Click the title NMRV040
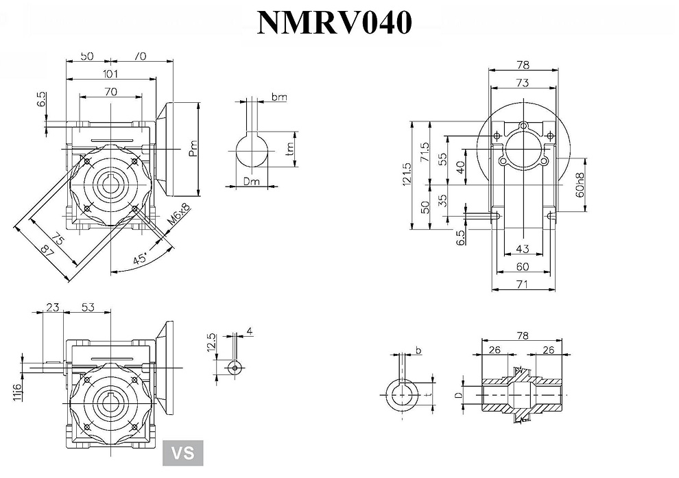(334, 22)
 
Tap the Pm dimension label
(194, 148)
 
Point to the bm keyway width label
(278, 97)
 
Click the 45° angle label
(140, 259)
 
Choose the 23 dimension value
(51, 307)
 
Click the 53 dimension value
(88, 307)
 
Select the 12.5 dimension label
(211, 341)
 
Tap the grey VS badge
(182, 453)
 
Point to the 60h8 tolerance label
(580, 184)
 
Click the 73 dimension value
(522, 83)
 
